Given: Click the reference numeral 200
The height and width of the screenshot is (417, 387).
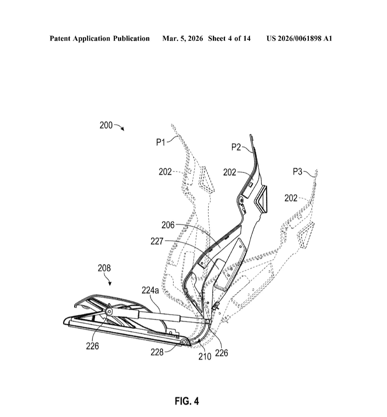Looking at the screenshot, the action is [106, 125].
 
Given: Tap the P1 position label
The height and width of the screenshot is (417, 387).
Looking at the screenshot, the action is [161, 142].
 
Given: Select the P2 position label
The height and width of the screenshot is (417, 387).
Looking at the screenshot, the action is [236, 147].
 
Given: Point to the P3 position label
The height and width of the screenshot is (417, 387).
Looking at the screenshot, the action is [298, 172].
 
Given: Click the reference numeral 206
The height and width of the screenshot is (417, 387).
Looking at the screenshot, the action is [168, 225].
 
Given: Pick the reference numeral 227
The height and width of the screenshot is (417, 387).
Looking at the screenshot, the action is [157, 241].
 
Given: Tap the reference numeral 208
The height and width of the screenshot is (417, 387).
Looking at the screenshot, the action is [104, 268].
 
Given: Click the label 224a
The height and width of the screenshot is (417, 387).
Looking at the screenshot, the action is [150, 290].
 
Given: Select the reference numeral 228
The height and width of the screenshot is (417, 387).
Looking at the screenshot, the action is [157, 352].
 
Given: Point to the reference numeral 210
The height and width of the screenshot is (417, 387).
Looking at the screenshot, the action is [205, 357].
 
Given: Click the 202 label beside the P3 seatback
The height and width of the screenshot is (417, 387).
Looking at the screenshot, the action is [291, 198].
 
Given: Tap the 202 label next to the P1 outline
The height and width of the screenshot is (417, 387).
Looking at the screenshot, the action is [165, 172].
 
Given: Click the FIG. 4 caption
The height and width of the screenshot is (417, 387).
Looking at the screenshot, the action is [187, 401].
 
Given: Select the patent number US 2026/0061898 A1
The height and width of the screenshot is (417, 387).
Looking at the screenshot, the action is [299, 38].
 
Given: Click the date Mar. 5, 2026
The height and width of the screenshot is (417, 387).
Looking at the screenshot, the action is [182, 38].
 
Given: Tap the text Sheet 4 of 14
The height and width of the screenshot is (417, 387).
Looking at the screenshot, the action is [229, 38].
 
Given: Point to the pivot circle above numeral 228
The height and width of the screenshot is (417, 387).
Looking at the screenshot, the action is [184, 342].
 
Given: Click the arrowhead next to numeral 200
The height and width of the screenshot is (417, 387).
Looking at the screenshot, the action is [123, 129].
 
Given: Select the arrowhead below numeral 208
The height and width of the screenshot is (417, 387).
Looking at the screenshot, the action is [110, 284].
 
